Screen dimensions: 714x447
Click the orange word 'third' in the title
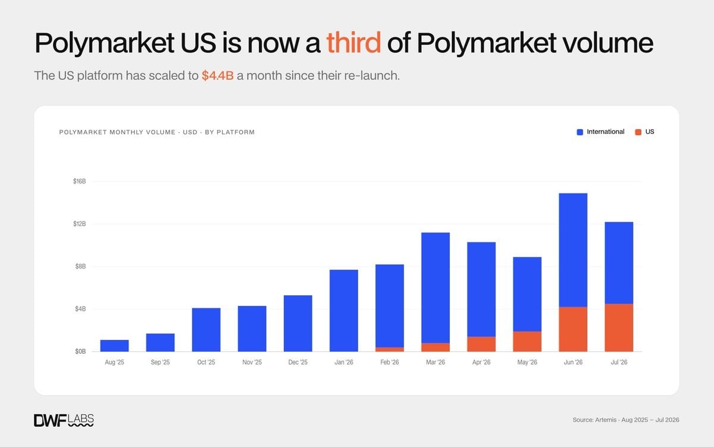pos(353,42)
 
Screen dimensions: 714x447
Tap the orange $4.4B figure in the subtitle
pos(218,76)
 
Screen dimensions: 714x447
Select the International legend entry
pos(600,132)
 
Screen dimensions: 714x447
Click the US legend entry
pos(644,132)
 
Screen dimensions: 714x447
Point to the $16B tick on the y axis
pos(79,182)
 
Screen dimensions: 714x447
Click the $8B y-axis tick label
pos(80,266)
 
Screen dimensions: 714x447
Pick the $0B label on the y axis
pos(80,351)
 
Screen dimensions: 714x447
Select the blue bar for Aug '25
pos(114,346)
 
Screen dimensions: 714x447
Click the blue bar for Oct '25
pos(206,330)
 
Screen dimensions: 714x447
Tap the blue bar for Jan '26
pos(344,311)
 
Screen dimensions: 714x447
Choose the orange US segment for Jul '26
pos(619,328)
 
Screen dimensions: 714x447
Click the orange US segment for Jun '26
pos(573,329)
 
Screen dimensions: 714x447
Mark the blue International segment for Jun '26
pos(573,250)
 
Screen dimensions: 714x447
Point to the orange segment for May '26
pos(527,342)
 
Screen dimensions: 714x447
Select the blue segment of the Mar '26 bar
pos(436,287)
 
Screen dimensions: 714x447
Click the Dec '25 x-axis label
pos(297,362)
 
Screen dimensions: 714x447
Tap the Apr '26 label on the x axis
pos(481,362)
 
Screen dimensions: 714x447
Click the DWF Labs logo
pos(64,420)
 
